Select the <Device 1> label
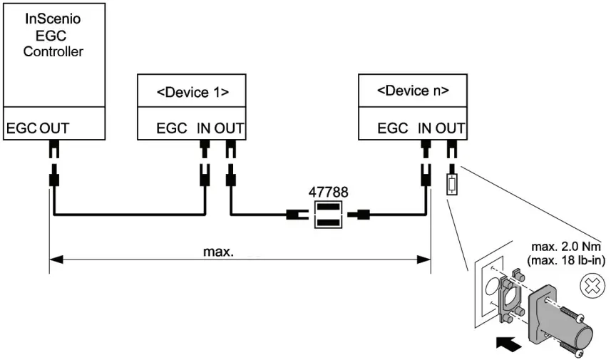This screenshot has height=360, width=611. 192,91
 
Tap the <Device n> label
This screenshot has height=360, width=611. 413,91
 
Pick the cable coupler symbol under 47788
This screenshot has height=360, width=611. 328,215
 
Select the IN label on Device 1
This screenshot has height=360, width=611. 204,129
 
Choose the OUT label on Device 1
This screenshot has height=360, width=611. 230,129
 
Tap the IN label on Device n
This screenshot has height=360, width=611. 425,129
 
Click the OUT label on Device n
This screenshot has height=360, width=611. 451,129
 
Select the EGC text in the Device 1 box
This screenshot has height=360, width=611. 172,129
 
